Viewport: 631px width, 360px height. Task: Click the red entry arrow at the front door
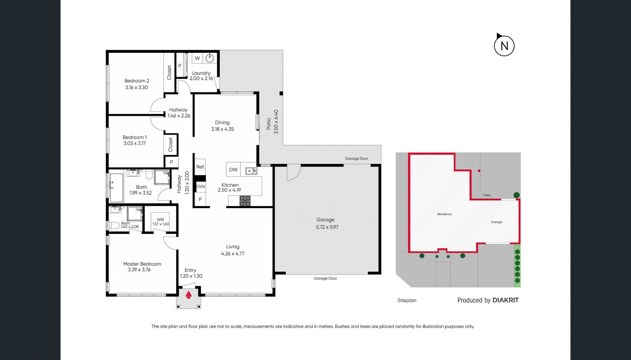tap(189, 295)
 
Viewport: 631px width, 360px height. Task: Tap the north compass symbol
tap(504, 45)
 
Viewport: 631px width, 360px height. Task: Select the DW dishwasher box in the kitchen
tap(233, 169)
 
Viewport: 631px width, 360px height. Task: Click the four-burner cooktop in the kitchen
tap(245, 201)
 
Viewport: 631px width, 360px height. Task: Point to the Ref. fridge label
tap(200, 167)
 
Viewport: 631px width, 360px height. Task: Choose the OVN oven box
tap(200, 187)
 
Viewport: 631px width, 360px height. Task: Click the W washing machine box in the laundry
tap(197, 58)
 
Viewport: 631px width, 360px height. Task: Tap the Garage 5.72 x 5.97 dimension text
tap(327, 227)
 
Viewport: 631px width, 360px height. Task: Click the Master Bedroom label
tap(142, 264)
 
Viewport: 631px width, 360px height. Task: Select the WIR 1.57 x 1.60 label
tap(160, 222)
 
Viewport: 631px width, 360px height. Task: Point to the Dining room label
tap(222, 123)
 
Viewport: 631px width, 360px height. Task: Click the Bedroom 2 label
tap(137, 81)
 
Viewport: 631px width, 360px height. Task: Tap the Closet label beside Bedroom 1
tap(170, 145)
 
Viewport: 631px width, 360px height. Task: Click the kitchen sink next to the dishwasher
tap(251, 171)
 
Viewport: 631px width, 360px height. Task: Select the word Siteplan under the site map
tap(407, 300)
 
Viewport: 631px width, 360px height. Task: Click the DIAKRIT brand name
tap(505, 300)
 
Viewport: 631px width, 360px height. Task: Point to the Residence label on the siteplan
tap(444, 214)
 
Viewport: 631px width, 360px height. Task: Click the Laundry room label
tap(201, 73)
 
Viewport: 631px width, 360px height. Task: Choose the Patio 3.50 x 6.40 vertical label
tap(272, 122)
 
